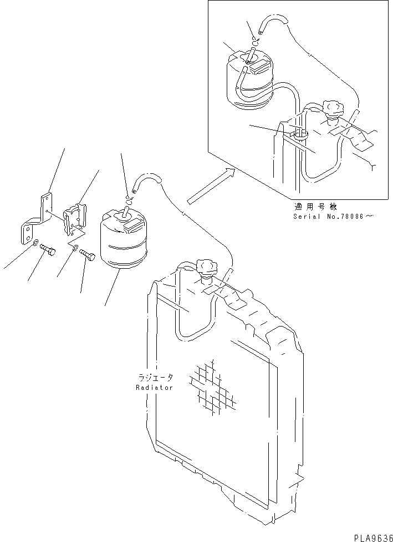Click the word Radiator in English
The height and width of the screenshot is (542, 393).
pos(155,387)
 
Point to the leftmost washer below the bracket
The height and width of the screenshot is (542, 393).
pos(35,243)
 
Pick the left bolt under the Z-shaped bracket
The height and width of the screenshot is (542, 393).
pos(49,252)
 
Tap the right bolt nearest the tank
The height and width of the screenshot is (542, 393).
pos(89,255)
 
